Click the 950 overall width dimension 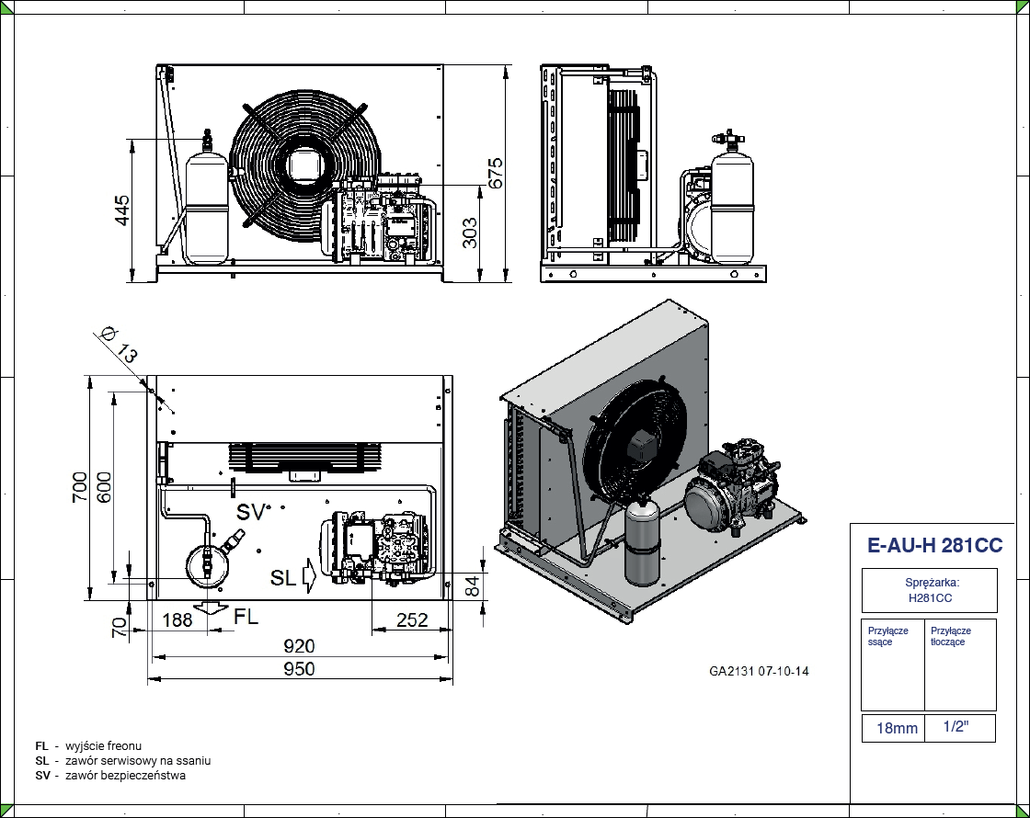pyautogui.click(x=300, y=668)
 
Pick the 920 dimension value pyautogui.click(x=300, y=646)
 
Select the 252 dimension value pyautogui.click(x=411, y=619)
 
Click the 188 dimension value pyautogui.click(x=177, y=619)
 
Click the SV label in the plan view pyautogui.click(x=251, y=512)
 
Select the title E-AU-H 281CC pyautogui.click(x=934, y=546)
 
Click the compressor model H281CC pyautogui.click(x=929, y=598)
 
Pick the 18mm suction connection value pyautogui.click(x=896, y=728)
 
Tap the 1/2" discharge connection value pyautogui.click(x=956, y=726)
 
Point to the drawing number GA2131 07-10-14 pyautogui.click(x=759, y=671)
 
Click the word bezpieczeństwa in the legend pyautogui.click(x=152, y=775)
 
